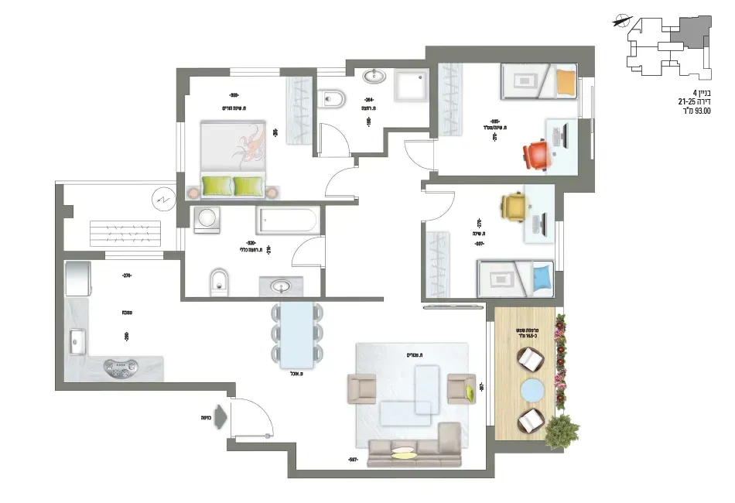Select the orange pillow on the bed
pyautogui.click(x=567, y=80)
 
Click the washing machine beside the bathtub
pyautogui.click(x=206, y=221)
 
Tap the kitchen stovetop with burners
pyautogui.click(x=121, y=368)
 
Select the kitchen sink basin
pyautogui.click(x=77, y=338)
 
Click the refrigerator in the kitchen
pyautogui.click(x=77, y=279)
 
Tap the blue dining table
pyautogui.click(x=297, y=334)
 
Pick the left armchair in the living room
pyautogui.click(x=362, y=388)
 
